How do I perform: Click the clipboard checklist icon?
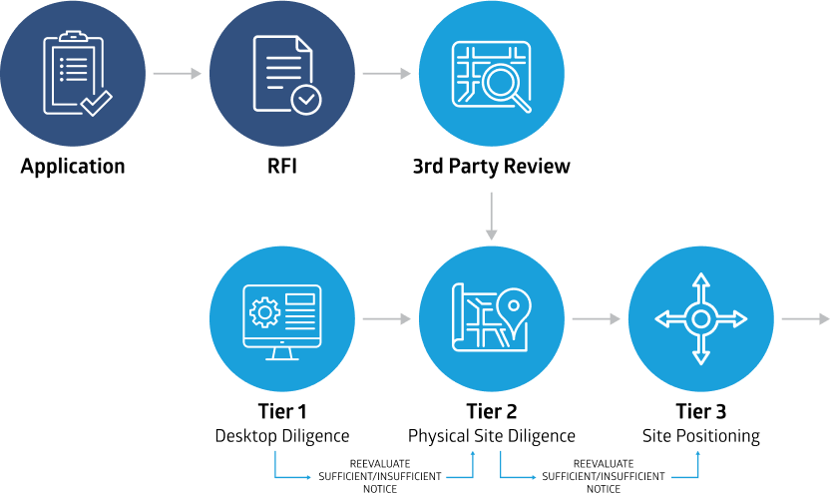(73, 74)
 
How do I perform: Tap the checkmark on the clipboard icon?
(97, 103)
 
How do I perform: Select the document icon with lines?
(280, 70)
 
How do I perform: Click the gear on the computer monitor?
(264, 312)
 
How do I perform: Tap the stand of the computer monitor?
(282, 352)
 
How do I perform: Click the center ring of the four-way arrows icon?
(700, 318)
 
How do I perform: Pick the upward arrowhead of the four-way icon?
(700, 280)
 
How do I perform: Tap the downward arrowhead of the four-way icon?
(700, 356)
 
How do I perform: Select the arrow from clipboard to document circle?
(177, 74)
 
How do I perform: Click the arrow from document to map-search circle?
(386, 74)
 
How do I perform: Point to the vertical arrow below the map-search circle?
(491, 217)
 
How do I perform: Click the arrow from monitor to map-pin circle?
(386, 319)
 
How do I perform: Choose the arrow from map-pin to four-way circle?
(596, 319)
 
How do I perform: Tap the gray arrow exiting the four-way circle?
(804, 319)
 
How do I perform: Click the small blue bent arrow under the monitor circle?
(290, 469)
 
